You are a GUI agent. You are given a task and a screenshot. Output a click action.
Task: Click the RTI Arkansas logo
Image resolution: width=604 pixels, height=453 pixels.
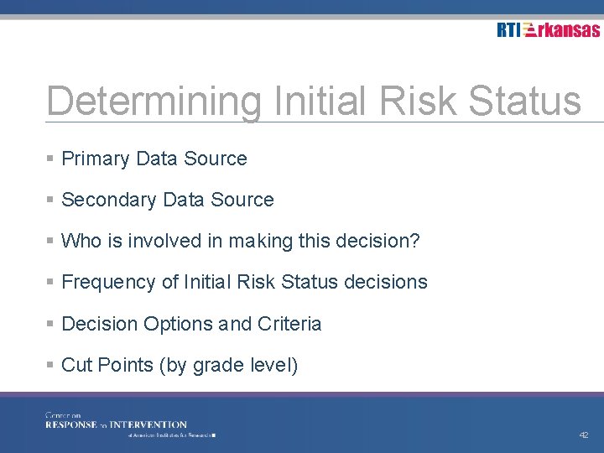coord(548,30)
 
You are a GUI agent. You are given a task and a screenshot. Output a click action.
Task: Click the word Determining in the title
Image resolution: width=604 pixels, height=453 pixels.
coord(154,102)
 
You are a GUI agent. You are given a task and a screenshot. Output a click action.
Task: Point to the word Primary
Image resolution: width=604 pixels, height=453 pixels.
coord(96,159)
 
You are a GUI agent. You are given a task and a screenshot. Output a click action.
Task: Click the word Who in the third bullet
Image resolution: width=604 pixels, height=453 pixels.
coord(81,242)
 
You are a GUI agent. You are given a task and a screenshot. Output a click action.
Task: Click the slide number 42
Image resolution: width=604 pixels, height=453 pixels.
coord(584,435)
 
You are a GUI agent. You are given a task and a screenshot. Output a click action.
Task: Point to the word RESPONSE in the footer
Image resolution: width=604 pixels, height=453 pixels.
coord(71,424)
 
